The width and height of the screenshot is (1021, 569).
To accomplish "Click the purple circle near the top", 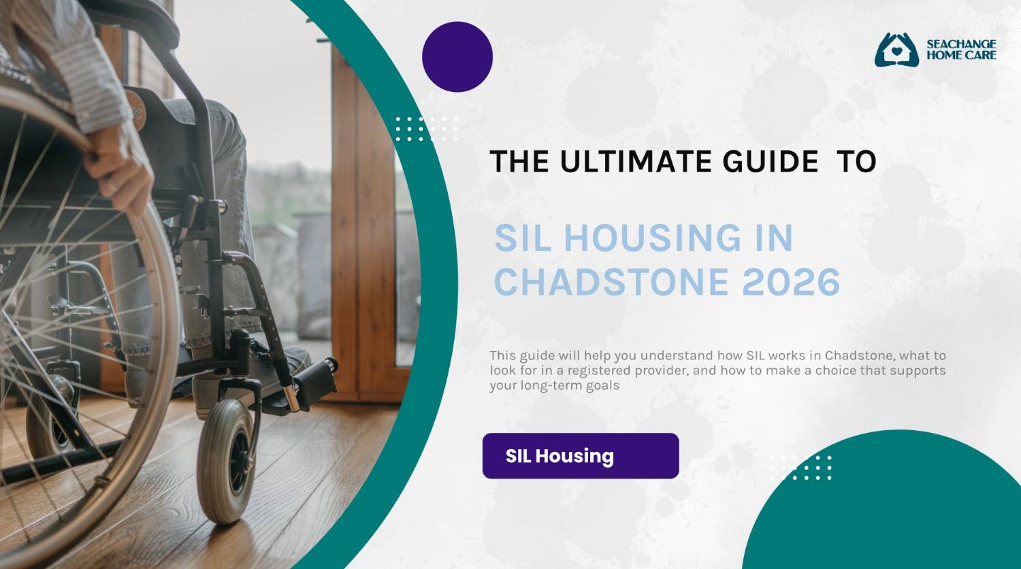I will (457, 56).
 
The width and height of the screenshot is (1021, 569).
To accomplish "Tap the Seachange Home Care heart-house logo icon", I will (896, 50).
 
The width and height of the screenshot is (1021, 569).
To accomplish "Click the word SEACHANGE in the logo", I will (961, 44).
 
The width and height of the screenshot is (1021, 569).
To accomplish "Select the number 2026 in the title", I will (791, 281).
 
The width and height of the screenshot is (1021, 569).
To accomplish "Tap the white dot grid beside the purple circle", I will (426, 129).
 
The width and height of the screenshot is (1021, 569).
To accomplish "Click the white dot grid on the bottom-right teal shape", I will (800, 468).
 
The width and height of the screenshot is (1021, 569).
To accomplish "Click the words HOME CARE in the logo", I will (961, 55).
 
